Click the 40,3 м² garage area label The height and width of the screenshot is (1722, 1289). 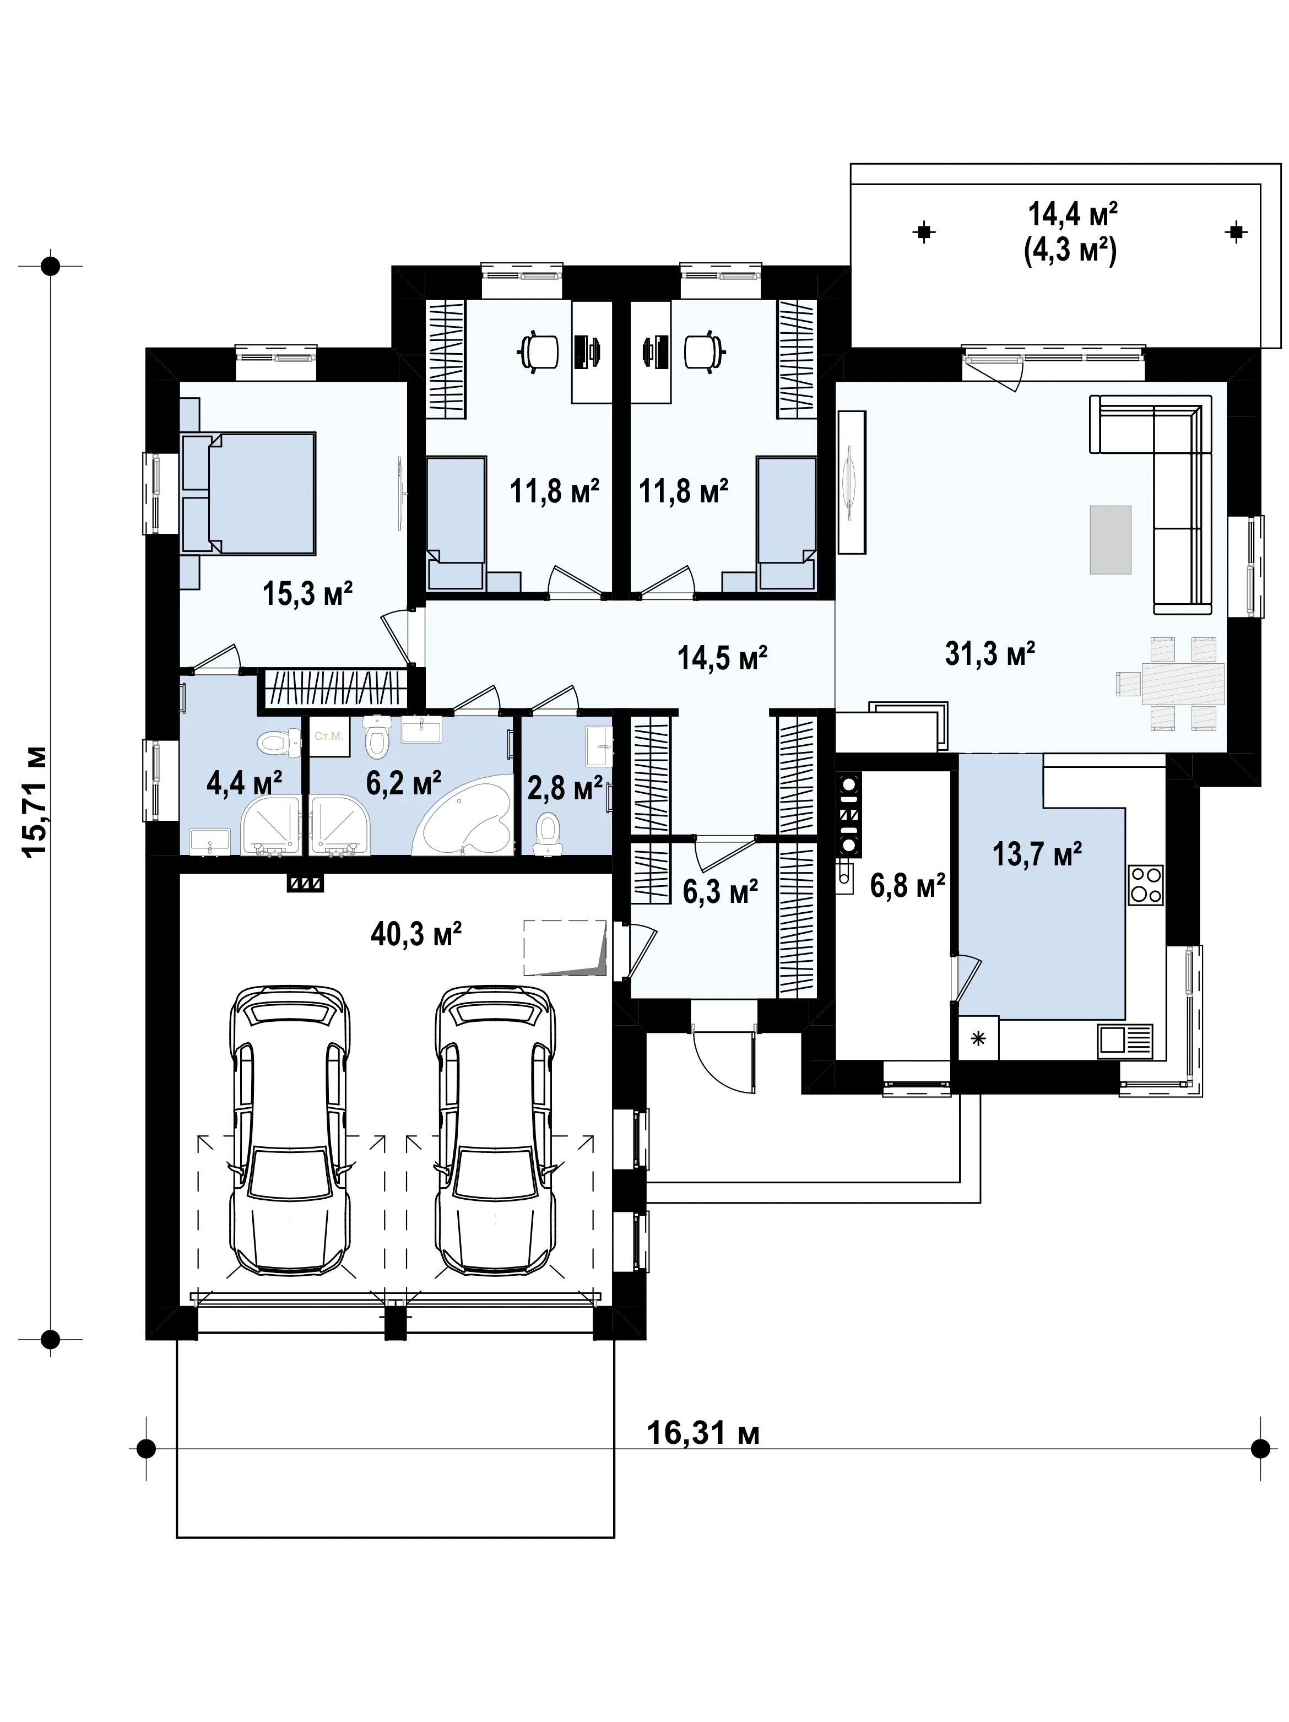[416, 933]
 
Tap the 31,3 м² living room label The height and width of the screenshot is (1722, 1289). [990, 654]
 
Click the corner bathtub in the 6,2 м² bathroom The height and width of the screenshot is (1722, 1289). [465, 821]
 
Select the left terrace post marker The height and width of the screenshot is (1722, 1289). [924, 231]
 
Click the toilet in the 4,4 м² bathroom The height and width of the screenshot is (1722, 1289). [280, 743]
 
